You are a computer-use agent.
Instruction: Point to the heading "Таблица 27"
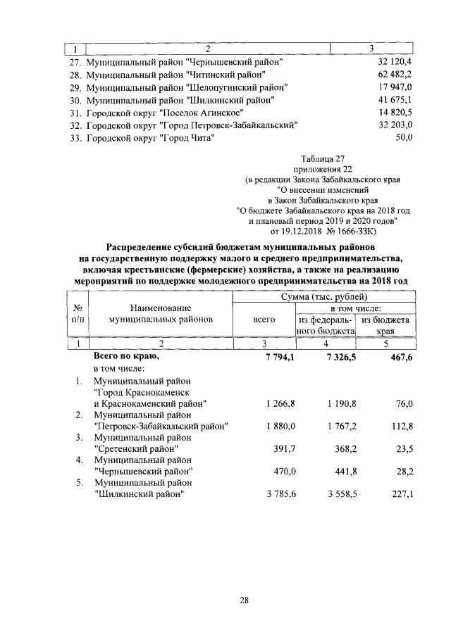coord(323,160)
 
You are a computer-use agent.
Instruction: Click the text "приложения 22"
coord(323,170)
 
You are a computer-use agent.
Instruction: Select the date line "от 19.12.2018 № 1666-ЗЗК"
coord(323,230)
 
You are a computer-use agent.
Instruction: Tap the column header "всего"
coord(264,320)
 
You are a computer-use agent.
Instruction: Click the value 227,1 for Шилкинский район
coord(400,494)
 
